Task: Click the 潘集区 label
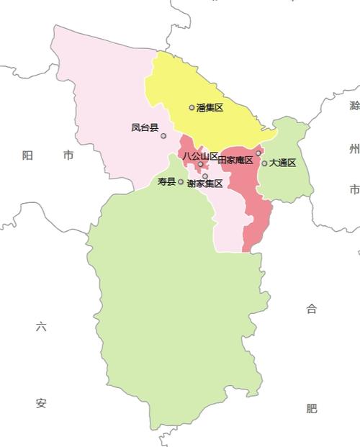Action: tap(210, 108)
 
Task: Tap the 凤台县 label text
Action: tap(145, 127)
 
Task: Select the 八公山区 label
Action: tap(199, 155)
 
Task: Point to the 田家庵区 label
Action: tap(235, 160)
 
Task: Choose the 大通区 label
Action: tap(283, 163)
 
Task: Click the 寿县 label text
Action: tap(166, 181)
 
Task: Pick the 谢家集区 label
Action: tap(204, 184)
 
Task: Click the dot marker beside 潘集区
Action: tap(192, 108)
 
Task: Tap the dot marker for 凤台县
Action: tap(163, 136)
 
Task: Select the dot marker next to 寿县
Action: tap(181, 182)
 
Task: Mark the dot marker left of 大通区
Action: tap(264, 163)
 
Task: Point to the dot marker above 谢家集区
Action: tap(205, 176)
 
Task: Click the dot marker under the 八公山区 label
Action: tap(200, 164)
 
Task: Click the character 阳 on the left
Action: tap(27, 155)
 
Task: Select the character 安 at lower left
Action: tap(41, 404)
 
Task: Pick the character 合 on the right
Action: tap(311, 309)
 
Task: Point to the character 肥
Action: tap(311, 408)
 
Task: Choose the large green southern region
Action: tap(173, 302)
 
